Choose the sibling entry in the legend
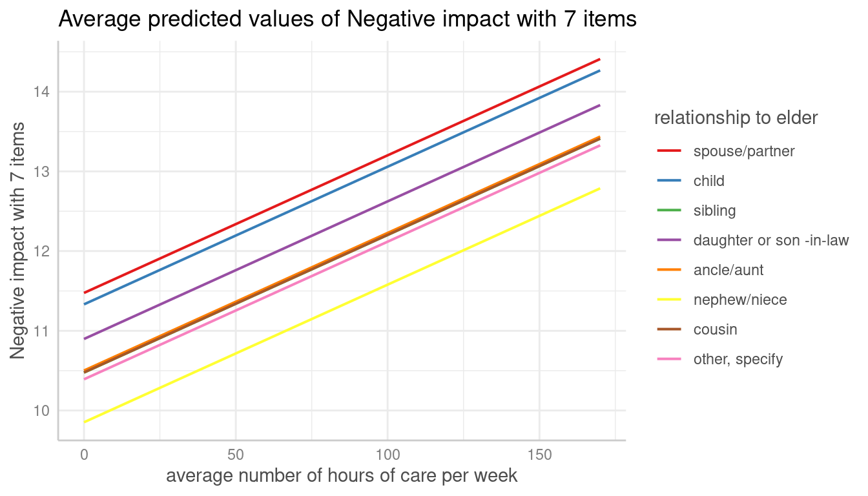click(x=714, y=211)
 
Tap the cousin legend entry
click(x=715, y=330)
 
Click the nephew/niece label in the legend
click(x=739, y=300)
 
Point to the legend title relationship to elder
click(x=736, y=118)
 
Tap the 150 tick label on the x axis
click(x=539, y=455)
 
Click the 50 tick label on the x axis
click(x=235, y=455)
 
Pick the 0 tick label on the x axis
click(x=84, y=455)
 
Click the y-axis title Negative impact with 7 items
click(x=17, y=240)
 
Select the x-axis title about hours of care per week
click(x=342, y=477)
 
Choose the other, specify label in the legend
click(x=738, y=360)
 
